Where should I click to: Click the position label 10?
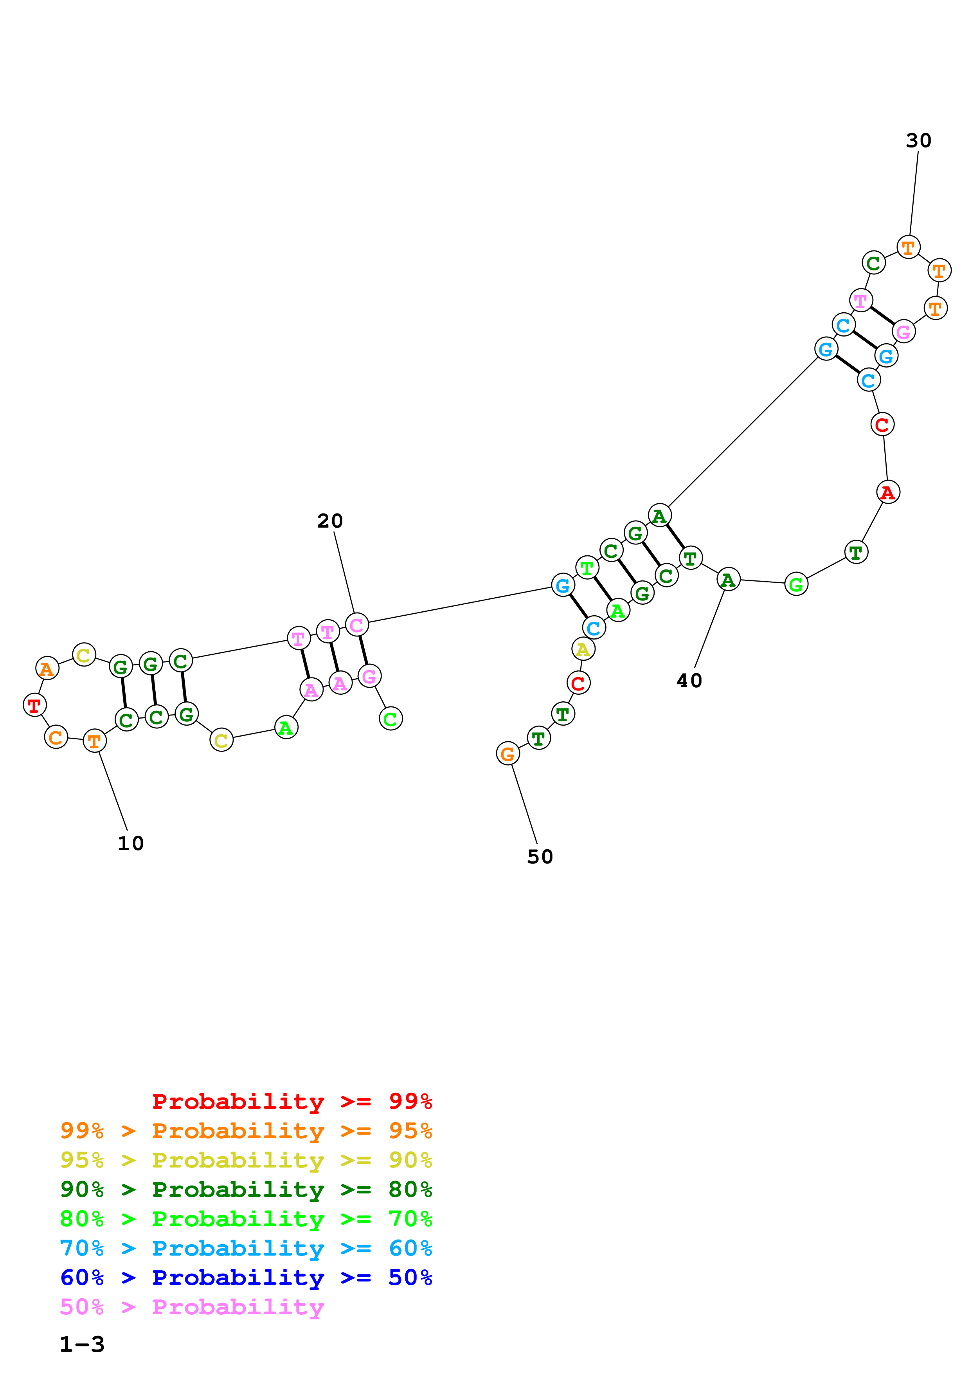(130, 843)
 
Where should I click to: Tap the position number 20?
(330, 521)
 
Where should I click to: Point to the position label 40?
(689, 681)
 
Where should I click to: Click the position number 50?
(540, 857)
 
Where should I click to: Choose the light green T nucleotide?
(587, 568)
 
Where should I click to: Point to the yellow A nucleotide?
(583, 649)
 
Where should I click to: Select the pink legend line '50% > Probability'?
(192, 1307)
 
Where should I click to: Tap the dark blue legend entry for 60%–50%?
(246, 1278)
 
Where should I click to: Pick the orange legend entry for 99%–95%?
(246, 1131)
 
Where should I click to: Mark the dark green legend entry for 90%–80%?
(246, 1189)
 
